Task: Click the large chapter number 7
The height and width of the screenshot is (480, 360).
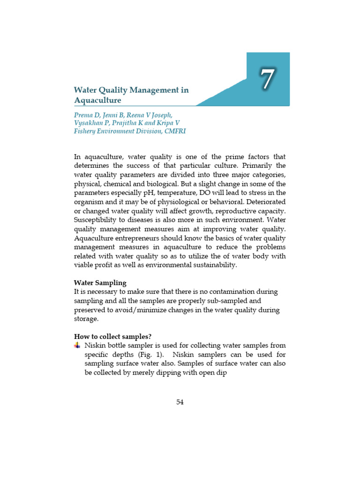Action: point(267,79)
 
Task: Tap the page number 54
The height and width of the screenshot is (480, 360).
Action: point(180,402)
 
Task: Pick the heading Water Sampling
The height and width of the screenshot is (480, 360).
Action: point(100,283)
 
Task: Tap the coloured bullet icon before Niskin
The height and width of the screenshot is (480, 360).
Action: point(77,345)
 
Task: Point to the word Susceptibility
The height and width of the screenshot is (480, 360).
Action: point(97,220)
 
